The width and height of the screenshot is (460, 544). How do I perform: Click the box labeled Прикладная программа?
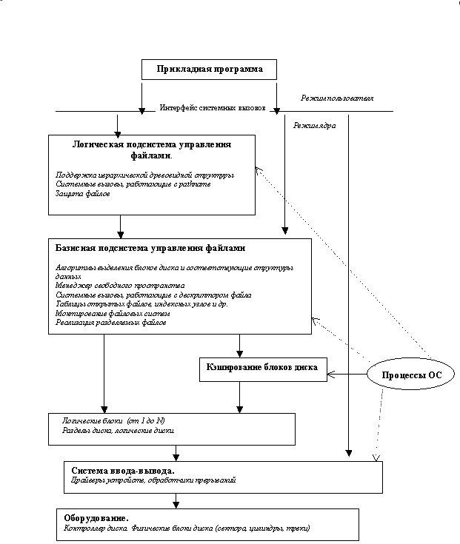coord(209,70)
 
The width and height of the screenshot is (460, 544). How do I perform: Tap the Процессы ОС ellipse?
coord(411,375)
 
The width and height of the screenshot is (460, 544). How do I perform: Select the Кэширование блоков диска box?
coord(263,369)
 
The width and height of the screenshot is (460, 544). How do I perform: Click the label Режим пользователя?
coord(337,98)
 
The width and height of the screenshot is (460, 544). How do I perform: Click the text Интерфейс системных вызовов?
coord(212,108)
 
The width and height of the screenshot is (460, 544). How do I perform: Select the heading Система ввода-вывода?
coord(123,471)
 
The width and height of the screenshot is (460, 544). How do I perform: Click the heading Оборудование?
coord(102,518)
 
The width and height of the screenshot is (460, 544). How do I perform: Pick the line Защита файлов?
coord(83,194)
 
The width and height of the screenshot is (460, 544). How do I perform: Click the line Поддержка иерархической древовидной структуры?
coord(145,175)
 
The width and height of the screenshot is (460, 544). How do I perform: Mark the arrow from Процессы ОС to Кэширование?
coord(348,375)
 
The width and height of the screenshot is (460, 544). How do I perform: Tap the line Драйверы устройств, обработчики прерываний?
coord(154,481)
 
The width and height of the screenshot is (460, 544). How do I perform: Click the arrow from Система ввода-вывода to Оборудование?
coord(176,501)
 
